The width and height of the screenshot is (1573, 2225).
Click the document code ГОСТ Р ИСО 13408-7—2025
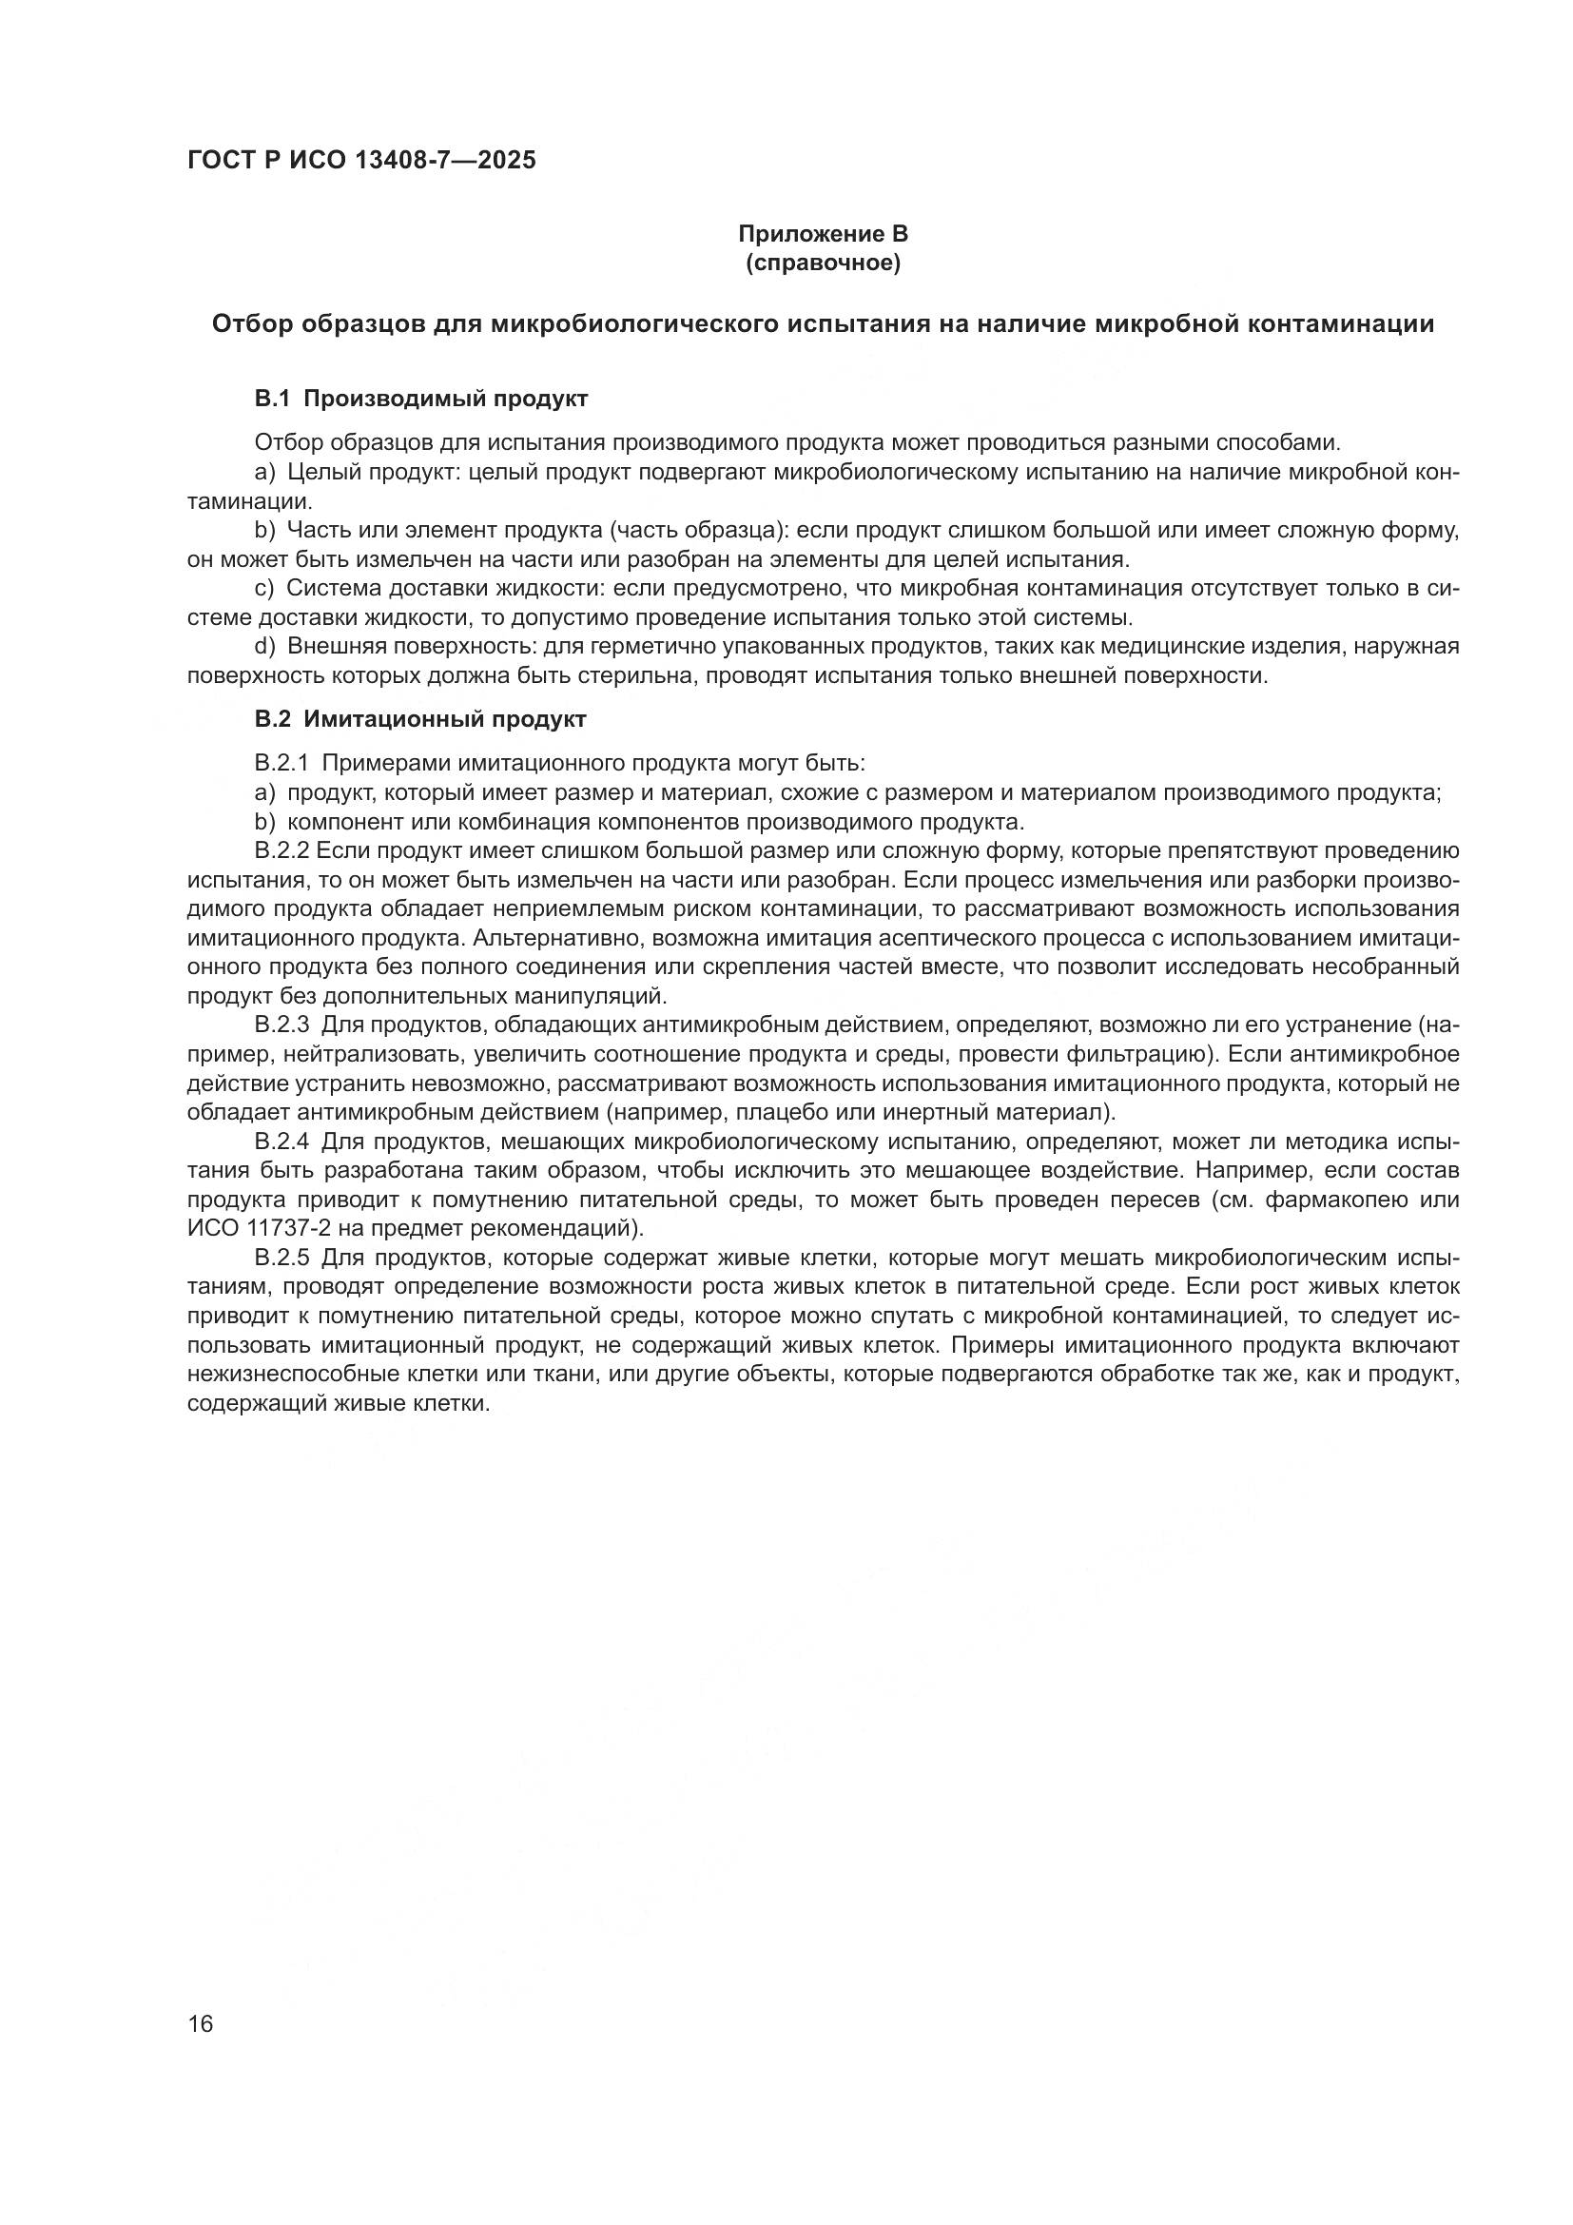[x=361, y=161]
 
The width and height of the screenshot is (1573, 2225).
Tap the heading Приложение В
[x=823, y=234]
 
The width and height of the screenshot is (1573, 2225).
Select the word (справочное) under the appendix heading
[x=823, y=263]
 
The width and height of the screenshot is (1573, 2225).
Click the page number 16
[x=201, y=2023]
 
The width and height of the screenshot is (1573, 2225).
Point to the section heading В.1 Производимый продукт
[x=420, y=399]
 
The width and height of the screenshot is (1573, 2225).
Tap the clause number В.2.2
[x=281, y=850]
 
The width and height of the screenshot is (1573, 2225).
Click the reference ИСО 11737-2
[x=263, y=1229]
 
